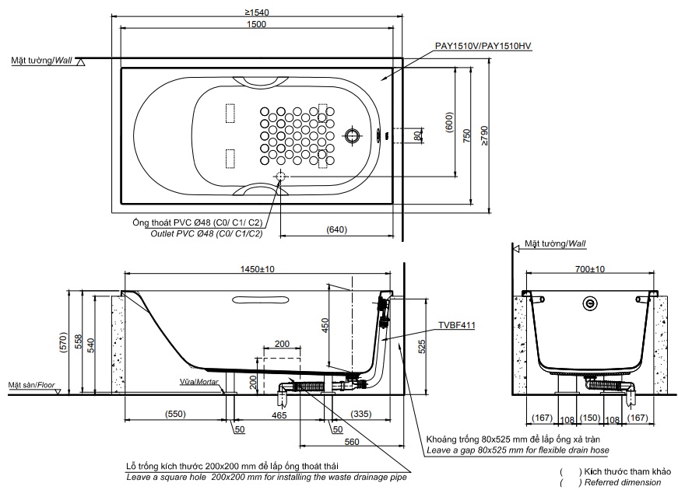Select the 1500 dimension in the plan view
click(x=256, y=24)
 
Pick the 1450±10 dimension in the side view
click(x=259, y=268)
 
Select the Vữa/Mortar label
click(x=198, y=382)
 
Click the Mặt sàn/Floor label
click(x=30, y=385)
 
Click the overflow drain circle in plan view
click(x=354, y=135)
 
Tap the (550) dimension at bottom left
click(x=176, y=415)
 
